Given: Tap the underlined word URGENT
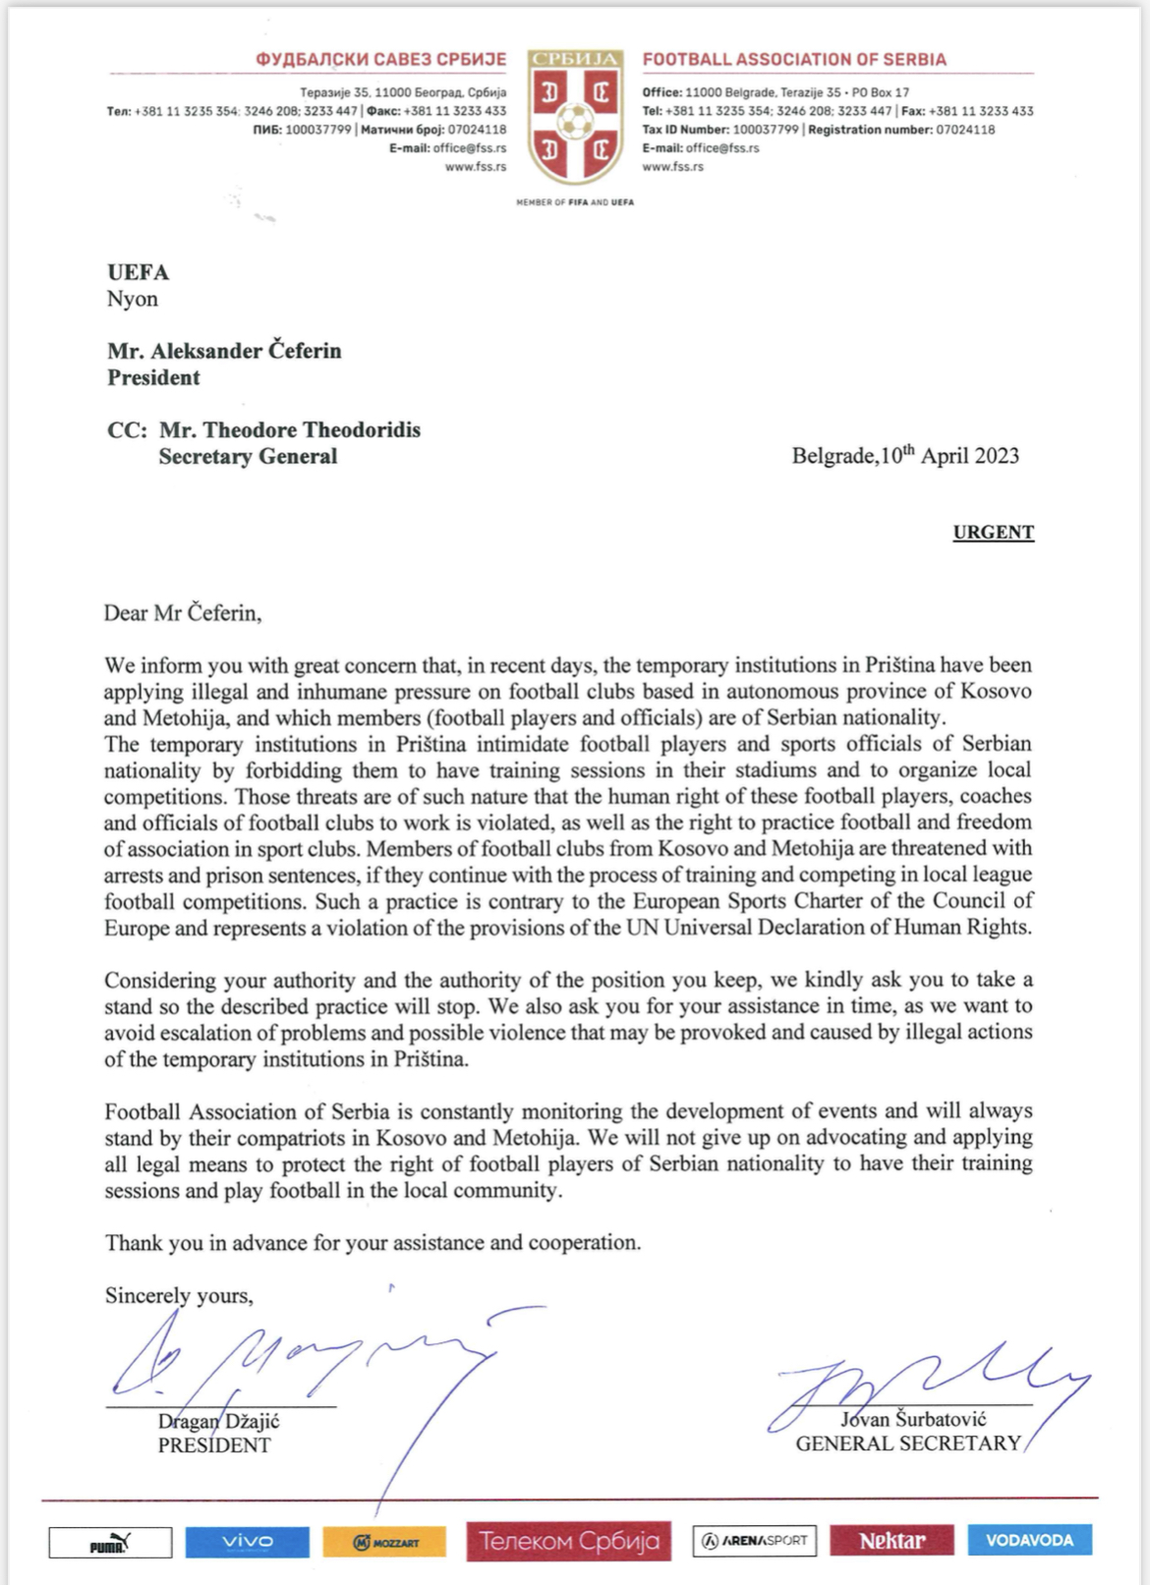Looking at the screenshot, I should pyautogui.click(x=993, y=533).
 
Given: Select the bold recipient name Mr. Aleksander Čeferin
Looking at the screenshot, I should pyautogui.click(x=224, y=351).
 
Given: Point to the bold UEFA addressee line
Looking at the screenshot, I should pyautogui.click(x=139, y=272).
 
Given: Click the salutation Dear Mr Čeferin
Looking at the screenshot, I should pyautogui.click(x=183, y=613).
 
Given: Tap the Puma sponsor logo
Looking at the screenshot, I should pyautogui.click(x=110, y=1542).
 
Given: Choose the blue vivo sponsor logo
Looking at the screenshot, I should pyautogui.click(x=247, y=1541).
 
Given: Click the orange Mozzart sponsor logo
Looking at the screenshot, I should pyautogui.click(x=384, y=1542).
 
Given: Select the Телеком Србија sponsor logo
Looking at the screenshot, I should pyautogui.click(x=569, y=1541).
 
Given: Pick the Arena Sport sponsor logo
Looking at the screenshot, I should pyautogui.click(x=755, y=1541).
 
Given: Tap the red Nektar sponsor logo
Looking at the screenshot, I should pyautogui.click(x=891, y=1541).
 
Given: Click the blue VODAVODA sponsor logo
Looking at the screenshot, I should pyautogui.click(x=1029, y=1540).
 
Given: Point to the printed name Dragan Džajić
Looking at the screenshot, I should pyautogui.click(x=219, y=1421).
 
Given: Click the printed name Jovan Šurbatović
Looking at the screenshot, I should pyautogui.click(x=913, y=1419).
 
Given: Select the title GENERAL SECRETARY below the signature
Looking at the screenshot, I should pyautogui.click(x=908, y=1443).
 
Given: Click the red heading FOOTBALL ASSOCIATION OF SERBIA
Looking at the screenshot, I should pyautogui.click(x=794, y=60).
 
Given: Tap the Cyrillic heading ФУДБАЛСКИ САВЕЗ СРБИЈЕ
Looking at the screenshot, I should pyautogui.click(x=381, y=60).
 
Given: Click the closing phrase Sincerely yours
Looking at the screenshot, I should pyautogui.click(x=179, y=1296).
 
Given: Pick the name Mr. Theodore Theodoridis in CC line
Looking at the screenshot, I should pyautogui.click(x=290, y=430).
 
